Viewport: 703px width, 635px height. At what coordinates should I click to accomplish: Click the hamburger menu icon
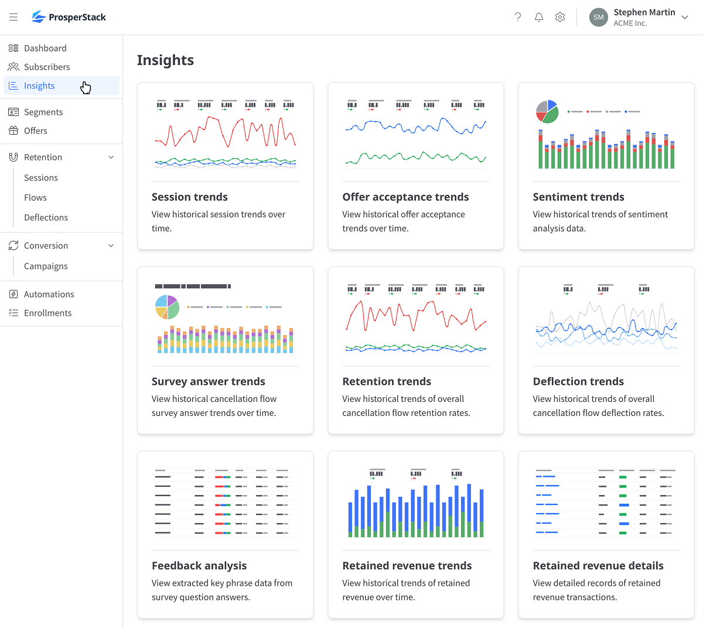[x=13, y=17]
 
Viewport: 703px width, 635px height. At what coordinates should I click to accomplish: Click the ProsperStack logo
[x=69, y=17]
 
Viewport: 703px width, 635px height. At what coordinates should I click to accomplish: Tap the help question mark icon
[x=518, y=17]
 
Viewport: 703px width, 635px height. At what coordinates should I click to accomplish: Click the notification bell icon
[x=539, y=17]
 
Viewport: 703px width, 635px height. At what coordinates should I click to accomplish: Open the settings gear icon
[x=560, y=17]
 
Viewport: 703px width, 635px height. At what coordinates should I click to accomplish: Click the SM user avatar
[x=598, y=17]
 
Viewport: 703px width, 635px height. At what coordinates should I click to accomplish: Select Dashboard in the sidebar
[x=45, y=48]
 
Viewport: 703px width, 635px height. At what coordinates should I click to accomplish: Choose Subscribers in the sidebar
[x=47, y=67]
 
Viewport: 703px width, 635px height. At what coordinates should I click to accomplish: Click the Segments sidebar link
[x=43, y=112]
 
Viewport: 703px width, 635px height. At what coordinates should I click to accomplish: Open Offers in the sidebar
[x=36, y=131]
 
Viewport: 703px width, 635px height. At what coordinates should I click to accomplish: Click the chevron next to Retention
[x=111, y=157]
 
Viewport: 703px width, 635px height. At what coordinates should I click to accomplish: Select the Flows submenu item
[x=35, y=197]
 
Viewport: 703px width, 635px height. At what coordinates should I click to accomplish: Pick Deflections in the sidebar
[x=46, y=217]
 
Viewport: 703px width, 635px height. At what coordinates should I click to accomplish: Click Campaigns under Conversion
[x=46, y=266]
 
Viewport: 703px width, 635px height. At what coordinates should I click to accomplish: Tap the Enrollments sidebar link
[x=47, y=313]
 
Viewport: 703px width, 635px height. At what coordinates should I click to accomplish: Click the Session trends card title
[x=190, y=197]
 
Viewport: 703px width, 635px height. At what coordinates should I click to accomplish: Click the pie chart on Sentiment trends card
[x=547, y=111]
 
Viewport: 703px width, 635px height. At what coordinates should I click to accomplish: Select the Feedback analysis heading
[x=199, y=565]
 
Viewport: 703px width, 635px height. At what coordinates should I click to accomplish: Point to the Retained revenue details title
[x=598, y=565]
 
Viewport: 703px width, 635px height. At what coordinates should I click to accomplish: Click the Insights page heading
[x=165, y=60]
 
